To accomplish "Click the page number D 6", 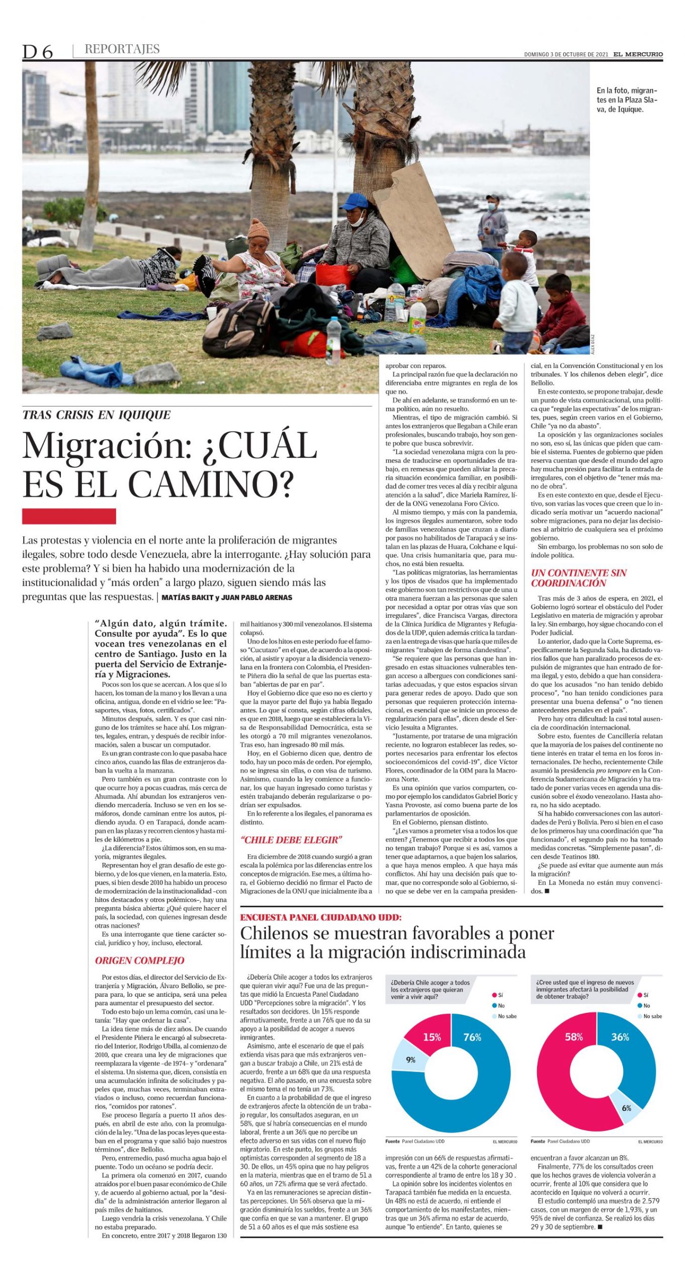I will [37, 52].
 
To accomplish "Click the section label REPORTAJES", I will [122, 49].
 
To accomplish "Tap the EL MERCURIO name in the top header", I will [638, 54].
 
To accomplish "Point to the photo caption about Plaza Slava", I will [627, 100].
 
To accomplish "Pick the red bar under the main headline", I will [69, 516].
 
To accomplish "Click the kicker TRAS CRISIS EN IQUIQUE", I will [97, 415].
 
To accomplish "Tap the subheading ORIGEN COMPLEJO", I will [139, 960].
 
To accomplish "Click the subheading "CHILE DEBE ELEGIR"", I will [291, 840].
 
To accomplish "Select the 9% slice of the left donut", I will [410, 1060].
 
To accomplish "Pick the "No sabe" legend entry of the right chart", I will [652, 1016].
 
